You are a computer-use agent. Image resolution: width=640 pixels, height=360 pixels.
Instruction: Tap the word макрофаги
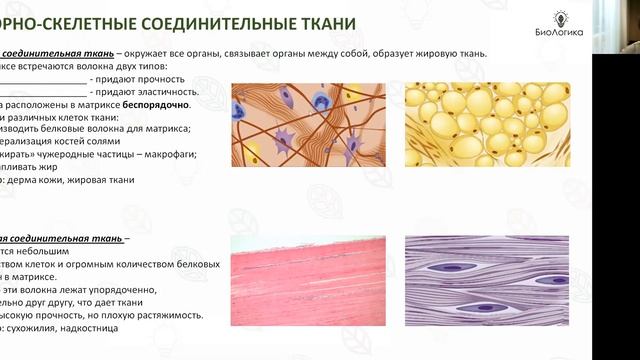[x=167, y=154]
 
